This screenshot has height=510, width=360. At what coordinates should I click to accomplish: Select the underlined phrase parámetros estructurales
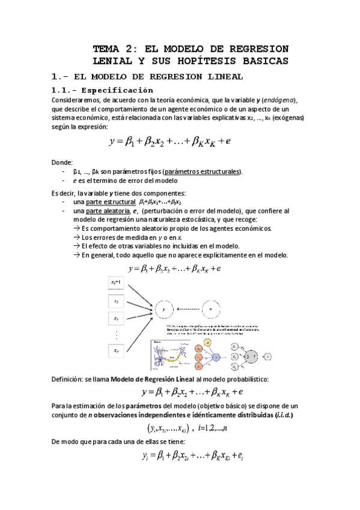point(201,171)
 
